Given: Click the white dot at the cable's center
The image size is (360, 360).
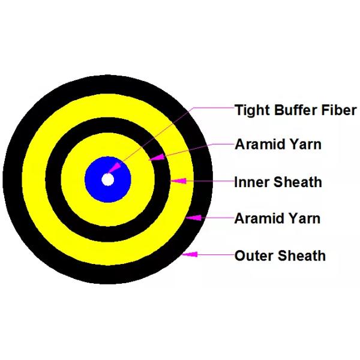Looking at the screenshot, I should (x=107, y=179).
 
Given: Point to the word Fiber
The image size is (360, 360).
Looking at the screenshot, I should (x=338, y=110).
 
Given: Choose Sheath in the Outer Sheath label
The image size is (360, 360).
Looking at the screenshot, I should (x=301, y=256).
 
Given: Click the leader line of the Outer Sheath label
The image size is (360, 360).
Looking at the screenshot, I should (x=216, y=256).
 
